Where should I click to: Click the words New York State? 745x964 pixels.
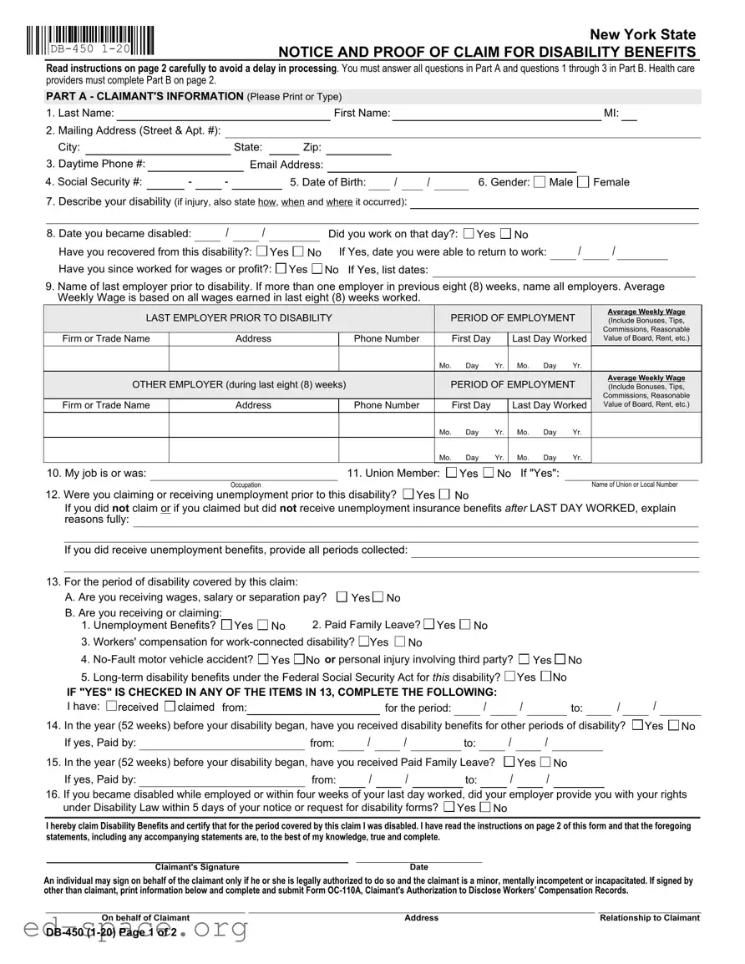(x=642, y=34)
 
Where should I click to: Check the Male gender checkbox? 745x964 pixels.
(x=540, y=182)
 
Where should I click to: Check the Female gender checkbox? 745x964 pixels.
(x=583, y=182)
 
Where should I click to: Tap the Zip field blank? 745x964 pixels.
(x=358, y=149)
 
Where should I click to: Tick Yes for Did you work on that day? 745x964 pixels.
(x=469, y=234)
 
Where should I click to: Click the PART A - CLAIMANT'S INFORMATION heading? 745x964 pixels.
(x=145, y=97)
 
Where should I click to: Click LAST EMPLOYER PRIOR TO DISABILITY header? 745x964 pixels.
(x=239, y=318)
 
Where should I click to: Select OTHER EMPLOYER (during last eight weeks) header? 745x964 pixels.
(x=239, y=385)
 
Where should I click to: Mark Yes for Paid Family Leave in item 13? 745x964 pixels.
(x=429, y=624)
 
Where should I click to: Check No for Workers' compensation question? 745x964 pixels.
(x=399, y=642)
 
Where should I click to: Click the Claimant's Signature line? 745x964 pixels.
(x=197, y=858)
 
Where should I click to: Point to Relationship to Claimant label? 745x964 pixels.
(x=649, y=918)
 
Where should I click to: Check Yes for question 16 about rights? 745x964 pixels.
(x=449, y=807)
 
